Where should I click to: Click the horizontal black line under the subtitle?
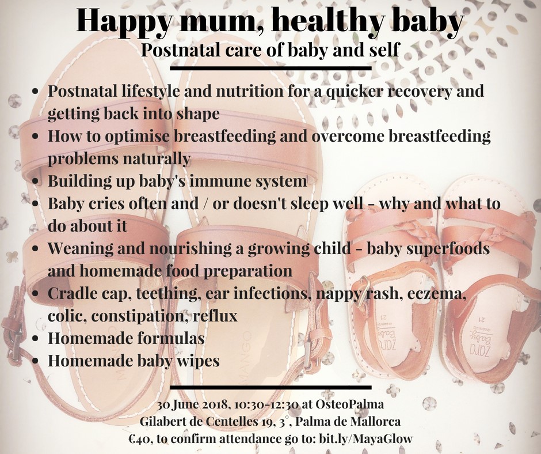tap(270, 68)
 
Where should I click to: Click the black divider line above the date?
tap(270, 387)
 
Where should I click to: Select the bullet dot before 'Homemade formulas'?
tap(35, 339)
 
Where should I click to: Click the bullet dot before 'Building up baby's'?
tap(35, 181)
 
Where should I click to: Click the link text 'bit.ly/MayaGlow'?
tap(365, 439)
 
